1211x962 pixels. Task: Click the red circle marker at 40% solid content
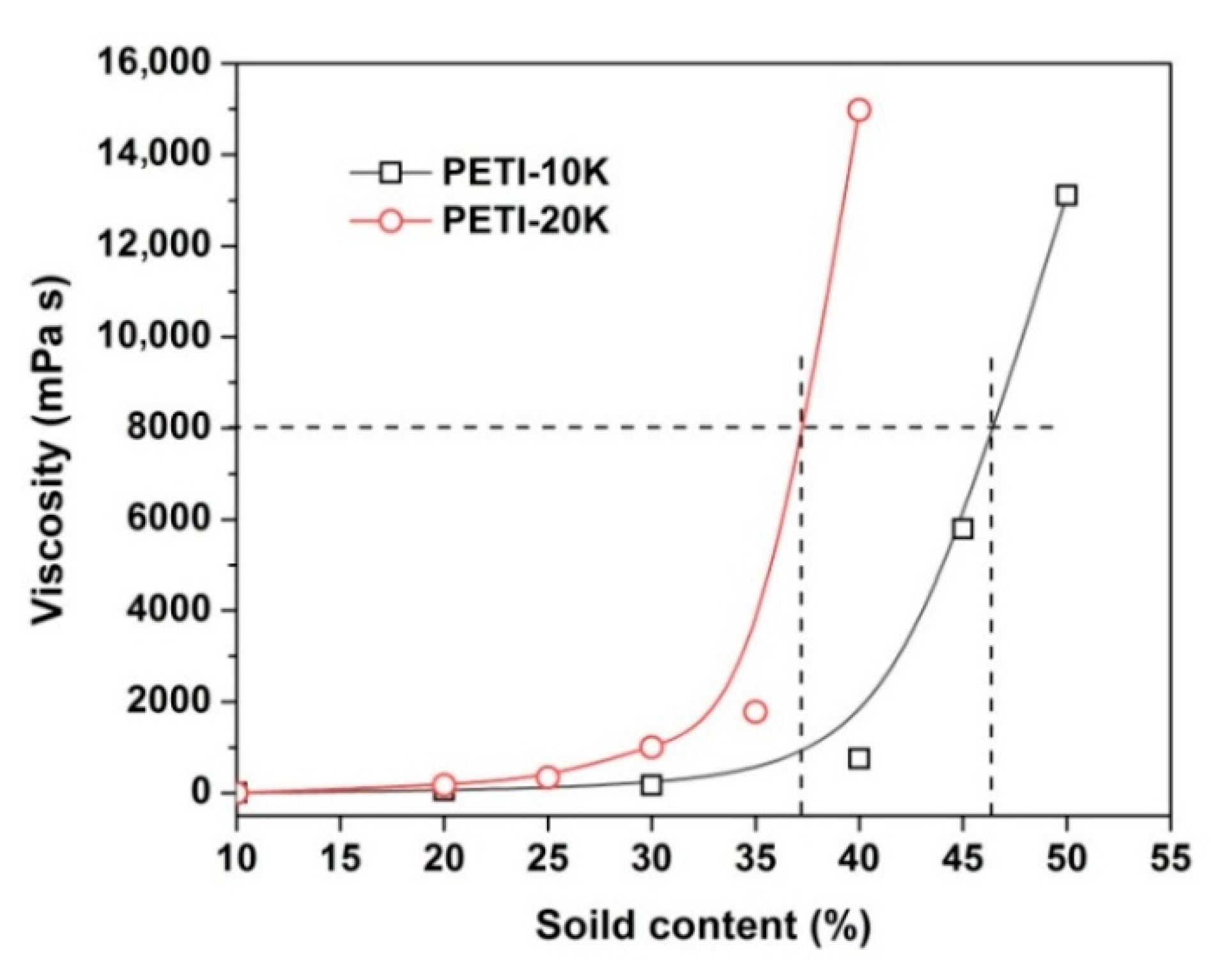(x=859, y=110)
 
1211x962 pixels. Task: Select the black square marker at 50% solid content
(x=1066, y=195)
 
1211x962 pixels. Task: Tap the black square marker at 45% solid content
(x=962, y=529)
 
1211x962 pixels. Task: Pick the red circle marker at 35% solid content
(x=755, y=712)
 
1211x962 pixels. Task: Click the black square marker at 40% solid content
(x=859, y=759)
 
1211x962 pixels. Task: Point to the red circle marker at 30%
(x=651, y=747)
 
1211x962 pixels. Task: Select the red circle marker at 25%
(x=548, y=777)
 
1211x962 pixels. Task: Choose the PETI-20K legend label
(x=526, y=222)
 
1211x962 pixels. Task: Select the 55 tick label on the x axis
(x=1170, y=859)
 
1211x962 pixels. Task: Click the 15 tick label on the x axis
(x=340, y=859)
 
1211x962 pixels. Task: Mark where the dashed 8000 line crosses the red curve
(x=801, y=427)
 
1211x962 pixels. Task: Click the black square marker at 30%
(x=651, y=784)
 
